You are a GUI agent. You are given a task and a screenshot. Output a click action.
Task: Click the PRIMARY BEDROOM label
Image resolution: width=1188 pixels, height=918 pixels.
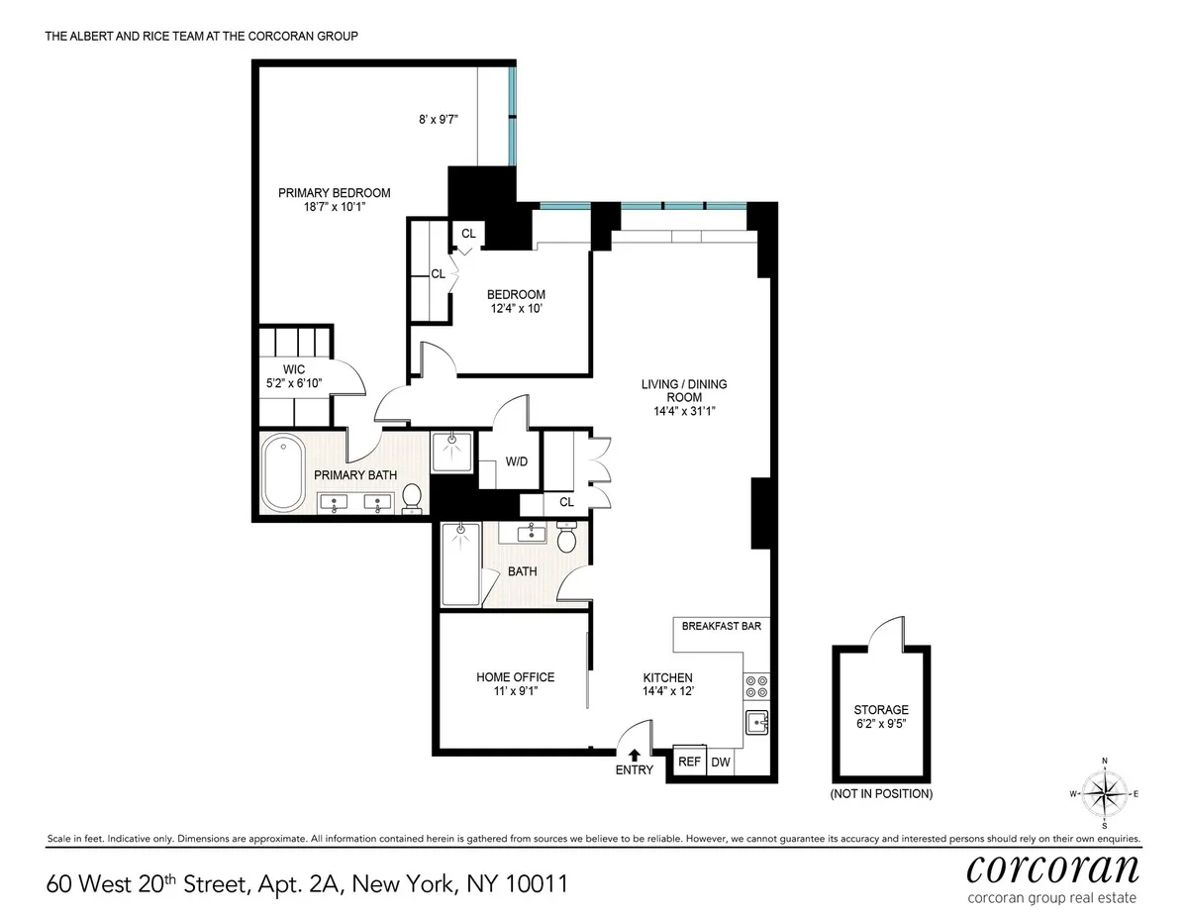(x=334, y=193)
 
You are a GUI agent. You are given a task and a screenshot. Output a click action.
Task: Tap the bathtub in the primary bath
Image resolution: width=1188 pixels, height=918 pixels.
(x=284, y=476)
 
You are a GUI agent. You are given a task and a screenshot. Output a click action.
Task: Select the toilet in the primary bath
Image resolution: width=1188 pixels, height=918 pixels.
(x=413, y=497)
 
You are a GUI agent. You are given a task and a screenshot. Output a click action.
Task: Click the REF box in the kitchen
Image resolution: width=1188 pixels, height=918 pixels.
(x=688, y=762)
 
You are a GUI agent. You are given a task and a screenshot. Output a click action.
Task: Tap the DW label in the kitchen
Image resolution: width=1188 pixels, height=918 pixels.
(x=721, y=762)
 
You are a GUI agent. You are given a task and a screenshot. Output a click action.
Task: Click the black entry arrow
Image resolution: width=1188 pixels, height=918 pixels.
(x=634, y=755)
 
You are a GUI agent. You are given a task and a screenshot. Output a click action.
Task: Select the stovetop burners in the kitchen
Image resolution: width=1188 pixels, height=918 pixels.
(x=756, y=687)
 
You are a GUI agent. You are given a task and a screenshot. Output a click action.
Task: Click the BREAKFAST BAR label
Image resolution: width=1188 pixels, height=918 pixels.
(x=721, y=626)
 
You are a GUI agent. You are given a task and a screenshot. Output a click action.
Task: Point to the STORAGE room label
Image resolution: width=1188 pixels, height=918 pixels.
(x=881, y=710)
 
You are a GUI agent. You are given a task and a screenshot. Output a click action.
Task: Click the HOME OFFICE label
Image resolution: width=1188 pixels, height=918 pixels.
(x=515, y=677)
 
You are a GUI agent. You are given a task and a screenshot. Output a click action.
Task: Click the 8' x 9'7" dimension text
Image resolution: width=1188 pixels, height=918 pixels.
(x=438, y=120)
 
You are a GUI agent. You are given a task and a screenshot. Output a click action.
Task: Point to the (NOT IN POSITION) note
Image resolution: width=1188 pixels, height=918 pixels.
(x=881, y=793)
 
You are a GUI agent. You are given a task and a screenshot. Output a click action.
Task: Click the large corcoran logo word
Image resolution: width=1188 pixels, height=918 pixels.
(x=1051, y=869)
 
